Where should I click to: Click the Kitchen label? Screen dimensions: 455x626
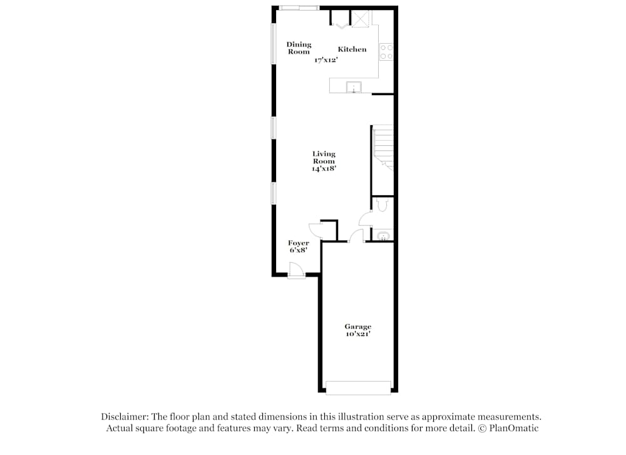pos(352,49)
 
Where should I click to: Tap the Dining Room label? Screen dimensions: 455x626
pos(299,48)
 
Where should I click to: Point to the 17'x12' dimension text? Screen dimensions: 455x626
pos(326,60)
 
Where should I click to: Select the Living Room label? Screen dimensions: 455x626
pos(324,157)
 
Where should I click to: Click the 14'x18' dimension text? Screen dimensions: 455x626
pos(324,168)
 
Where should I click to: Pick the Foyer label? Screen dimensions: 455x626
pos(298,243)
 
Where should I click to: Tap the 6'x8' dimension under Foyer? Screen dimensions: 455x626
pos(298,250)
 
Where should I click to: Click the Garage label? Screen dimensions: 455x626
pos(357,327)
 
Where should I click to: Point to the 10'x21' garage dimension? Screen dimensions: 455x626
pos(357,334)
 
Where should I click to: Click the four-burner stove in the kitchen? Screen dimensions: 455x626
pos(386,51)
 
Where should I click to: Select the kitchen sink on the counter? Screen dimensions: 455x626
pos(354,87)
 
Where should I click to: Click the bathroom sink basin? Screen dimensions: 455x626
pos(382,236)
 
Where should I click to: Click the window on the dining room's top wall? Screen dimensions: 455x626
pos(299,8)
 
